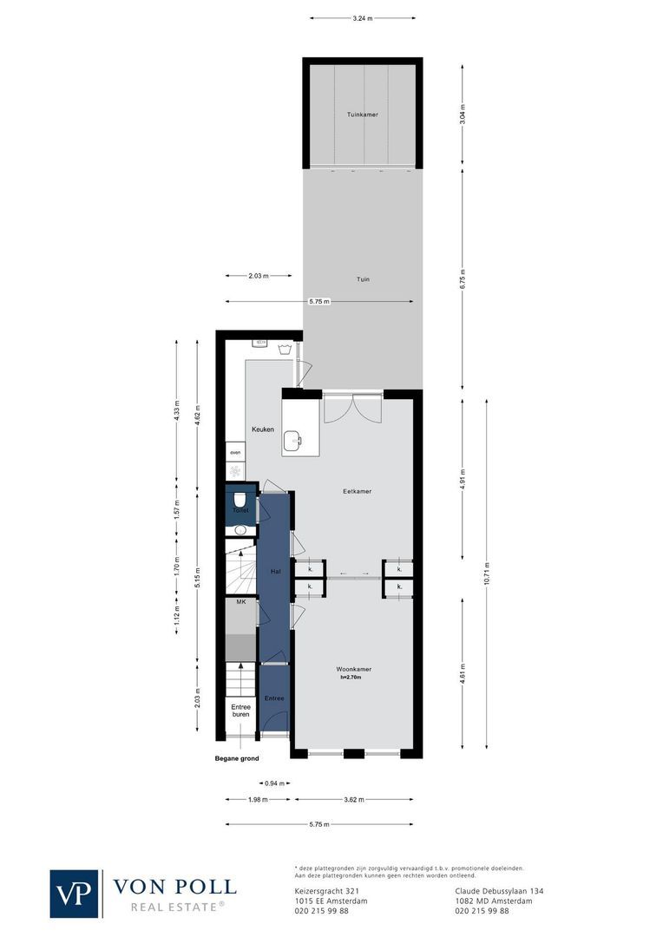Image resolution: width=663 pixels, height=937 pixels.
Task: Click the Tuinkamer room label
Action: [362, 115]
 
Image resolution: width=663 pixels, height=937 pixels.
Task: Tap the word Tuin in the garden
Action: [363, 279]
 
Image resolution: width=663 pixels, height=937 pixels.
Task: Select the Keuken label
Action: [263, 429]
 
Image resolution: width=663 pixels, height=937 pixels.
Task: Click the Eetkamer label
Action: [357, 491]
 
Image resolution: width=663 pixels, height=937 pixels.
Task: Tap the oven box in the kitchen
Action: [234, 453]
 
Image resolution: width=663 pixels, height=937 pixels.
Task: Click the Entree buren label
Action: [240, 711]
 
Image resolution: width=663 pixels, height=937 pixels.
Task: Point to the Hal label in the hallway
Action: [276, 571]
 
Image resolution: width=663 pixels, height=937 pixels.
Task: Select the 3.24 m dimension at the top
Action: [362, 17]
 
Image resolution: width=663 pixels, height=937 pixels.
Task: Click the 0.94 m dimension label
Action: [275, 783]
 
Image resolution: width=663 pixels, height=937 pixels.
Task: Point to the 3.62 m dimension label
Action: [353, 800]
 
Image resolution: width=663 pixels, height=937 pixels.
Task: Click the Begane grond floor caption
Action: [237, 759]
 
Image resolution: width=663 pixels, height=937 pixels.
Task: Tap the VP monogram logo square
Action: [75, 894]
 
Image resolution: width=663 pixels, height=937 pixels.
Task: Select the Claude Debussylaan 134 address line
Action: [499, 891]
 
